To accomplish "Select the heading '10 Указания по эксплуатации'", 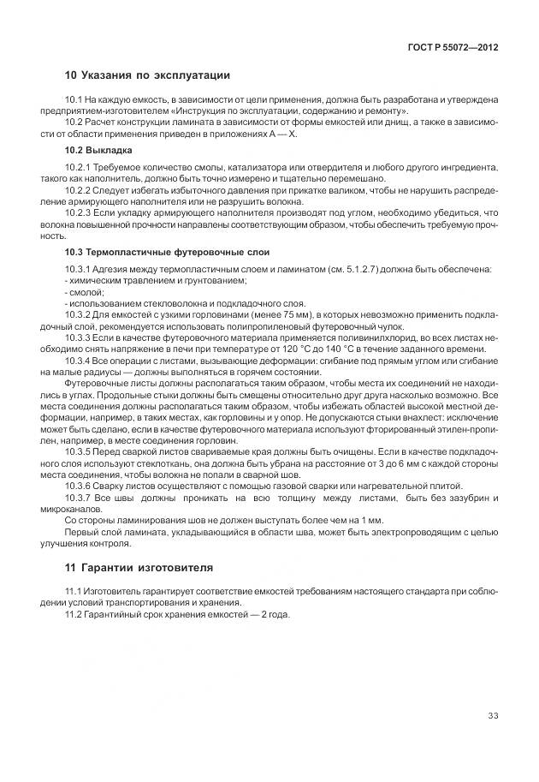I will point(148,75).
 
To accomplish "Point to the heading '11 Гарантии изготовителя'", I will point(139,568).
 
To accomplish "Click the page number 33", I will point(493,717).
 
